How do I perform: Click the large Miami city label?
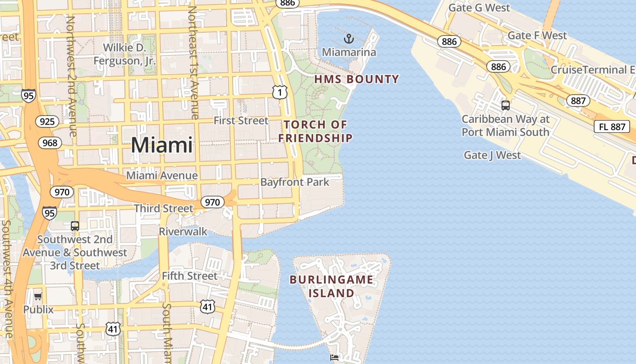click(x=162, y=145)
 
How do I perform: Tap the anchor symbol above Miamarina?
click(x=348, y=39)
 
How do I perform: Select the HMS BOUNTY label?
click(x=357, y=80)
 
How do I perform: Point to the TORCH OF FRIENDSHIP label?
click(x=315, y=131)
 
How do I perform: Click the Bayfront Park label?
click(x=294, y=182)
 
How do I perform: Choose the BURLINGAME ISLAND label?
click(x=331, y=286)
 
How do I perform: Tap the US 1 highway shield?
click(x=280, y=92)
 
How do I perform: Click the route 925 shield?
click(x=47, y=121)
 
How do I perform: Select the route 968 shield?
click(x=50, y=143)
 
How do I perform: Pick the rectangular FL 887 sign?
click(x=611, y=126)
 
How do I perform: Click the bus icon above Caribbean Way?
click(x=505, y=106)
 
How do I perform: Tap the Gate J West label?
click(x=492, y=155)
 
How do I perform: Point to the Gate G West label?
click(x=479, y=8)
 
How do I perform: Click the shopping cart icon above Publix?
click(x=38, y=297)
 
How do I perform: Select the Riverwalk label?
click(x=183, y=232)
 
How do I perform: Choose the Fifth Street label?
click(x=189, y=276)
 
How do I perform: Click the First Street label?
click(x=241, y=121)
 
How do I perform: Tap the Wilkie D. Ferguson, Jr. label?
click(x=124, y=54)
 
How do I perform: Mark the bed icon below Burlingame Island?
click(x=334, y=357)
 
